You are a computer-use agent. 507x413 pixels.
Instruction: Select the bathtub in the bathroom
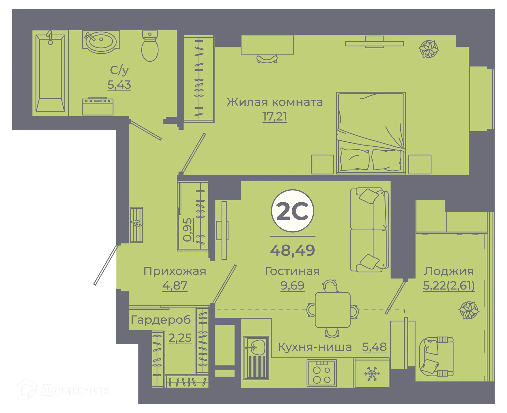(x=50, y=73)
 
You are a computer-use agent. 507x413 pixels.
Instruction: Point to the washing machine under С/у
(x=97, y=107)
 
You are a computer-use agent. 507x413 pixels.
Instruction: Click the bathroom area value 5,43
(x=119, y=85)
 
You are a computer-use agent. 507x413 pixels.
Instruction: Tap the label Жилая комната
(x=275, y=102)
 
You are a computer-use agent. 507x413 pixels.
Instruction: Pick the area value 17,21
(x=275, y=117)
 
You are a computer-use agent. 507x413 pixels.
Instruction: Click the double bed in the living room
(x=371, y=133)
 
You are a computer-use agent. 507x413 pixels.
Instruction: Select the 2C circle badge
(x=293, y=211)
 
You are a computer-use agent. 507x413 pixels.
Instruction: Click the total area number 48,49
(x=293, y=251)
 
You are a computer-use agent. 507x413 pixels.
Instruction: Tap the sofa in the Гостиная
(x=369, y=230)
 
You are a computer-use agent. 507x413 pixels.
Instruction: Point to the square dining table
(x=333, y=310)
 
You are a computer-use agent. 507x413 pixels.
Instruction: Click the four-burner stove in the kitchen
(x=322, y=373)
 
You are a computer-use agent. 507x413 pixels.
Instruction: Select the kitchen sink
(x=256, y=358)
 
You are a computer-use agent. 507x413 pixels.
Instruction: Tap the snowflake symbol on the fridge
(x=372, y=374)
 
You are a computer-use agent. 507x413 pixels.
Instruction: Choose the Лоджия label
(x=449, y=271)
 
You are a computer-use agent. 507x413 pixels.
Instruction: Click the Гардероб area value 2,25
(x=180, y=338)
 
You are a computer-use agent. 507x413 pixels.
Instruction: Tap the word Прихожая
(x=175, y=271)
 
